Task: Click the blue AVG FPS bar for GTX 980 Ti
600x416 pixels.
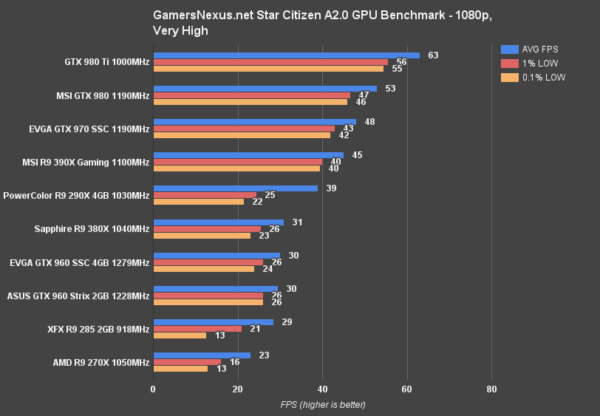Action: pos(286,55)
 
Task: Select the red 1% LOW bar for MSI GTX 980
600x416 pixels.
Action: pos(251,95)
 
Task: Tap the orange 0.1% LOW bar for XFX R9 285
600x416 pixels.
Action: pos(180,335)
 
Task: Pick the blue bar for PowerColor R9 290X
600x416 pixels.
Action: pos(235,188)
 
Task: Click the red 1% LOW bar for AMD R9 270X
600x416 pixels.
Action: pos(187,362)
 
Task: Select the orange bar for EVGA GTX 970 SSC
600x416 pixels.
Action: pos(242,135)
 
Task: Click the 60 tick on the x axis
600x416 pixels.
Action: pos(407,389)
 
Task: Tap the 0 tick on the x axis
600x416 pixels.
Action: pos(153,389)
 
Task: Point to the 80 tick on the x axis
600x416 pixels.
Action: pos(492,389)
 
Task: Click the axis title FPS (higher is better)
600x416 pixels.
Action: pos(322,404)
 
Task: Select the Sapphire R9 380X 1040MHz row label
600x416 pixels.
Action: pos(92,229)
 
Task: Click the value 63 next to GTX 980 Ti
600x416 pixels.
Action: pos(433,55)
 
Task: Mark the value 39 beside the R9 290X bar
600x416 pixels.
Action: pos(331,188)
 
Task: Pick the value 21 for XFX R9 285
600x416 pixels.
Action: pos(255,329)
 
